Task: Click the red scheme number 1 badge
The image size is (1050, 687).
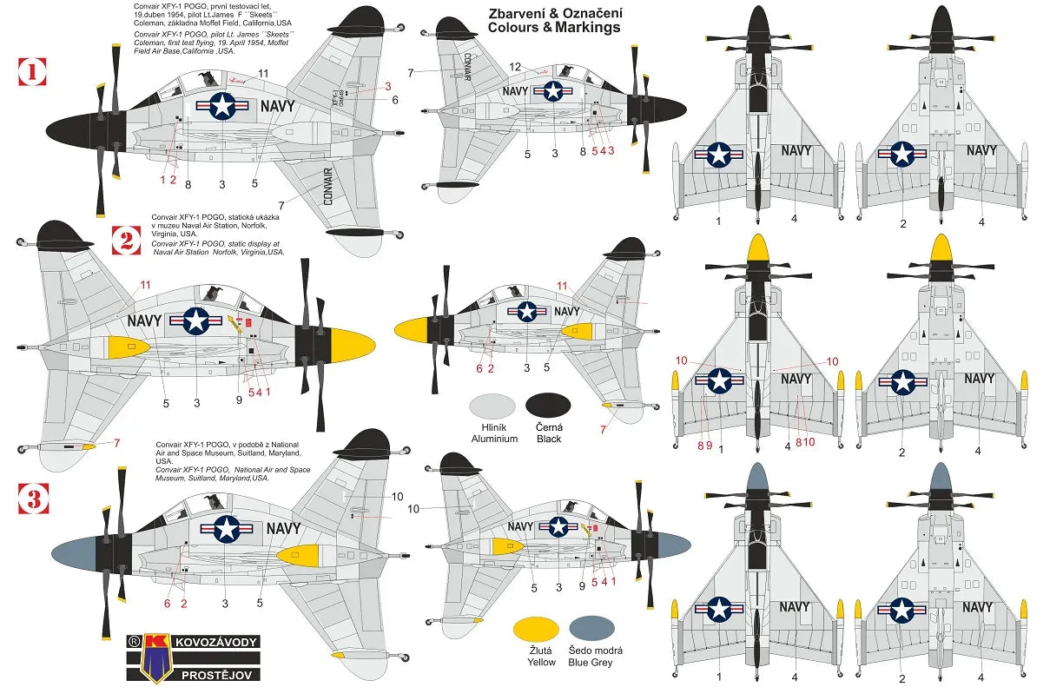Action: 32,72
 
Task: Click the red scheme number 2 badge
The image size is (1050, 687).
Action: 126,240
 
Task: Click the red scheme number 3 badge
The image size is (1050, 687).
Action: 34,499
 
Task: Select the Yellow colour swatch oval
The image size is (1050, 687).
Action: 535,629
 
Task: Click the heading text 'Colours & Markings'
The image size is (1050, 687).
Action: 554,28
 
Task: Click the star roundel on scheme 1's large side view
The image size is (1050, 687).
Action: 223,106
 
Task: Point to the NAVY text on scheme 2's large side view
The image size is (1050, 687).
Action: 144,320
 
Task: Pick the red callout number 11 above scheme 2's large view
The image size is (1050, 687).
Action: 145,284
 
